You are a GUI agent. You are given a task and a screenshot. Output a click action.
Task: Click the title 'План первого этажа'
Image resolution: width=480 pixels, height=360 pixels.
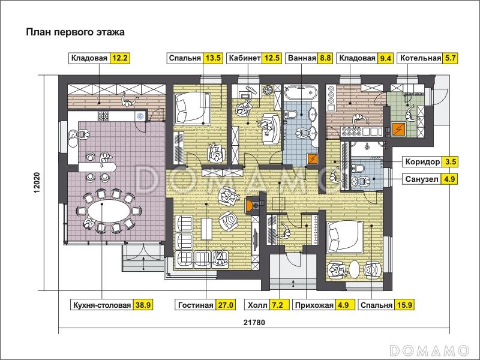[76, 32]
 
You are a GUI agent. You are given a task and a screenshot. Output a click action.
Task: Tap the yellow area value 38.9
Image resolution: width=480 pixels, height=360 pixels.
[143, 305]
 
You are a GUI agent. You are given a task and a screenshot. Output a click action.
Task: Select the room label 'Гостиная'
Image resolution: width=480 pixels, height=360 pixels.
[196, 305]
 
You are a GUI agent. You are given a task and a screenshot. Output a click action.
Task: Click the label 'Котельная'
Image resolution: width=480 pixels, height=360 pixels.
[421, 58]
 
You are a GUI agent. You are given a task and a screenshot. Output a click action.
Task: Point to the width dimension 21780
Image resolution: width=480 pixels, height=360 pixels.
[254, 322]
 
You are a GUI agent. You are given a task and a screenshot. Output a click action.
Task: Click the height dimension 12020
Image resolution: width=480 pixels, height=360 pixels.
[37, 183]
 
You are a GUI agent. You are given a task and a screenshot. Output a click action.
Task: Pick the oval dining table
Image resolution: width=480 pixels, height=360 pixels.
[109, 211]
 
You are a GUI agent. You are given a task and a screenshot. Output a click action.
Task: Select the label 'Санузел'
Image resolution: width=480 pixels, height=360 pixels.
[422, 179]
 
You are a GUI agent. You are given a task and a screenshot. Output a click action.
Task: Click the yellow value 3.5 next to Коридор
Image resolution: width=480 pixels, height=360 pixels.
[449, 161]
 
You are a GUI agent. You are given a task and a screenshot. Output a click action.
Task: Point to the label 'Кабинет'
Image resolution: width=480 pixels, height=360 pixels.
[245, 58]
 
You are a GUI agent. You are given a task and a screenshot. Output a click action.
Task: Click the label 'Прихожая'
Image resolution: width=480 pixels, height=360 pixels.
[314, 305]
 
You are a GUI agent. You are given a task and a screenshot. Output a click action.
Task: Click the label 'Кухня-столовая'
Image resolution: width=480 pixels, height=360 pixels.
[102, 305]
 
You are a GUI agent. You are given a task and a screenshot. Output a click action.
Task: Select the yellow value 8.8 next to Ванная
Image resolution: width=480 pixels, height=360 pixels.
[325, 58]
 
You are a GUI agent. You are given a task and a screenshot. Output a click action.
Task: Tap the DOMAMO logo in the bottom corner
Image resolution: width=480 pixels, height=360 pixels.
[430, 350]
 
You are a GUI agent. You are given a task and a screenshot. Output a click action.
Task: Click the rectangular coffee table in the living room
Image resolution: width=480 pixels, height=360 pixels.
[206, 229]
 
